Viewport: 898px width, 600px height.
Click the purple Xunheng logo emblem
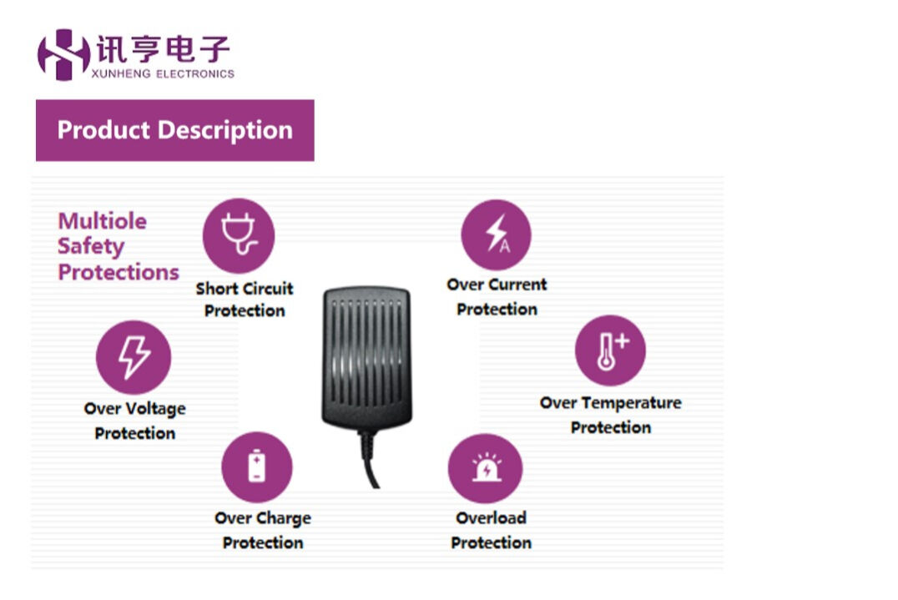[63, 54]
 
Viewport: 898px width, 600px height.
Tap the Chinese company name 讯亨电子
[163, 49]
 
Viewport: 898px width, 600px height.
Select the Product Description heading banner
[174, 130]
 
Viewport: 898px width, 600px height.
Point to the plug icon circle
[238, 234]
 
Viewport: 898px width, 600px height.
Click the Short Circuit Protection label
[245, 300]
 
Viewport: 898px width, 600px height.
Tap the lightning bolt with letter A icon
[497, 234]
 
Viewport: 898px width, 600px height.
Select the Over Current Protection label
[497, 296]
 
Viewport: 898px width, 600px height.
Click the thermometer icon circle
[610, 350]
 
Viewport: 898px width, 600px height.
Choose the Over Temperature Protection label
[610, 415]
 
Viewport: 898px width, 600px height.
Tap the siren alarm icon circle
[485, 468]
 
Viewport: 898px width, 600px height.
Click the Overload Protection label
[491, 530]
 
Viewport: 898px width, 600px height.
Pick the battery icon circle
[257, 466]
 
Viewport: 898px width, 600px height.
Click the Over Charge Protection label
[262, 530]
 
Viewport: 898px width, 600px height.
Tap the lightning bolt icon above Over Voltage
[134, 357]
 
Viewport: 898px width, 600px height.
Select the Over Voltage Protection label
[134, 421]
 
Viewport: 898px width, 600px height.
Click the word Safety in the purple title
[91, 247]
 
